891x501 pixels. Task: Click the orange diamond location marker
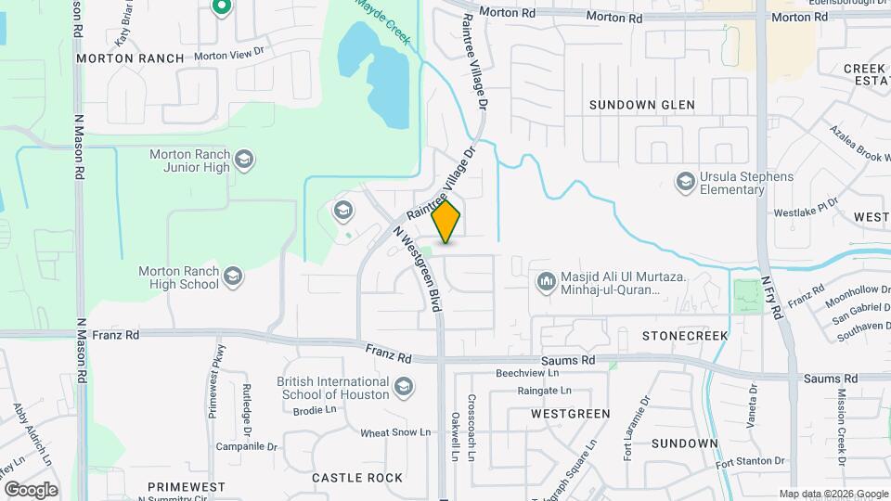tap(446, 222)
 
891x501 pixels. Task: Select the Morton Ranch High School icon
tap(232, 276)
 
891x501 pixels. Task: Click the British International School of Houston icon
tap(404, 385)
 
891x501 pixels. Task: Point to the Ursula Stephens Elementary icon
tap(686, 180)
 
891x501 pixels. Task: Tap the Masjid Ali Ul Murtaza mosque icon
tap(546, 279)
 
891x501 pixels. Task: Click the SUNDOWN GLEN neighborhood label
tap(641, 106)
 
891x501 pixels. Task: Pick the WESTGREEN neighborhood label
tap(570, 413)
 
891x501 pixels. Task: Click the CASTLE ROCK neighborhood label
tap(357, 478)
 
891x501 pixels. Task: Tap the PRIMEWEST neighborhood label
tap(186, 486)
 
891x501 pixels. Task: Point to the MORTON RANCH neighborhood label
tap(130, 58)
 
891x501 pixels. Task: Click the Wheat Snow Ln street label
tap(395, 432)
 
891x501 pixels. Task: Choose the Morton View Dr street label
tap(229, 56)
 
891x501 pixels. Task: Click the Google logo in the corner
tap(30, 489)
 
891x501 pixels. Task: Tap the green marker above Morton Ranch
tap(221, 8)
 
